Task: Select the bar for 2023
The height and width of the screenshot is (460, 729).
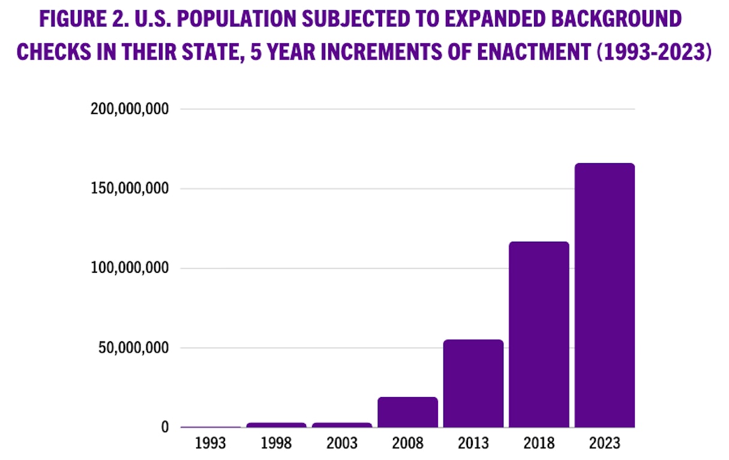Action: tap(604, 295)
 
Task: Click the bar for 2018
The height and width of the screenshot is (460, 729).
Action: tap(539, 334)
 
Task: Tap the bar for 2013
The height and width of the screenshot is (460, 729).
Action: tap(473, 383)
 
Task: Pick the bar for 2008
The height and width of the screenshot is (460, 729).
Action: tap(407, 412)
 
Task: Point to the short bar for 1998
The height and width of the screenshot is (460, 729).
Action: tap(276, 425)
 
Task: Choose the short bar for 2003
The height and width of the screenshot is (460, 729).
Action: tap(342, 425)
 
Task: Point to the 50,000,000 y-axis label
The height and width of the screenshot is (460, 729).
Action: tap(134, 348)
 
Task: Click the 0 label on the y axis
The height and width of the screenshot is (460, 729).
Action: tap(165, 428)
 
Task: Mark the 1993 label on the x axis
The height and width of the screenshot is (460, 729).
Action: tap(211, 444)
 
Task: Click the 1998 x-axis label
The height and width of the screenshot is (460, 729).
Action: tap(276, 444)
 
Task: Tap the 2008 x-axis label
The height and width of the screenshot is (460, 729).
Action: tap(407, 444)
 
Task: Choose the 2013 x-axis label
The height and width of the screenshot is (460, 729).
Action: tap(473, 444)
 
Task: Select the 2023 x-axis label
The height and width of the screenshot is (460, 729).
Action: tap(604, 444)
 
